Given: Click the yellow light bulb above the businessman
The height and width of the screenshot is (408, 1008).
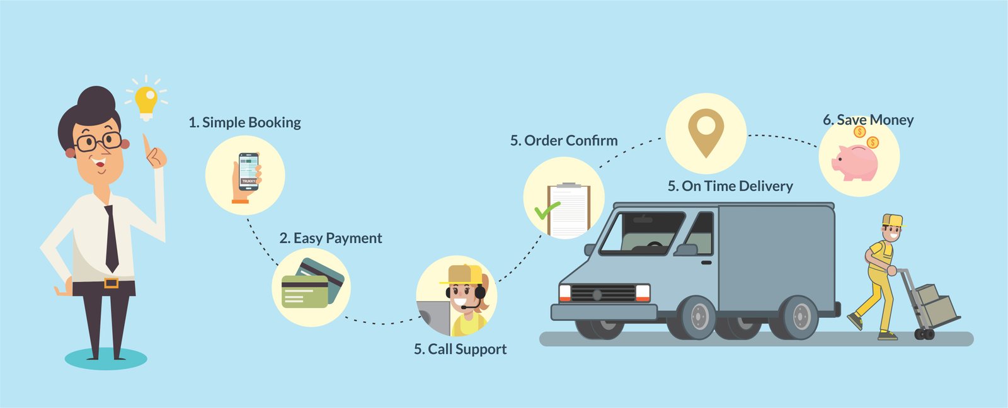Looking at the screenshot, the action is click(146, 103).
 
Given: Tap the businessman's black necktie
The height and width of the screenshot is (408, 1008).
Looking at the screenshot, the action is click(111, 239).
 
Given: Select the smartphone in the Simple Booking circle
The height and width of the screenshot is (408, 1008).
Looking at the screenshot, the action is click(248, 172).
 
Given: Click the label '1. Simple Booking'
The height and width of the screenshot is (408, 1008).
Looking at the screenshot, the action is click(244, 122).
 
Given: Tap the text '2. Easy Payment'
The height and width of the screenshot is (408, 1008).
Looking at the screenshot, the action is click(331, 238).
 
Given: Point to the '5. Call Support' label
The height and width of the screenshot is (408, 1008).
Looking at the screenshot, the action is click(460, 349).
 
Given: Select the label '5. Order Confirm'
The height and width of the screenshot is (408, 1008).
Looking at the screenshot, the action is click(564, 140).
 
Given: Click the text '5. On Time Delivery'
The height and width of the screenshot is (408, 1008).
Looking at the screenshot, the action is click(730, 186).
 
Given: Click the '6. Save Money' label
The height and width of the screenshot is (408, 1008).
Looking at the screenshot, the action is click(868, 120).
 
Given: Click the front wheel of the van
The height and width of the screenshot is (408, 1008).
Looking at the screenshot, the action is click(698, 317).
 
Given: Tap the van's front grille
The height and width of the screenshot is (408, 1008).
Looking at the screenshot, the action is click(603, 293).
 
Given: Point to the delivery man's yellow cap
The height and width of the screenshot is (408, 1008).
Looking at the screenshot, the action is click(893, 220).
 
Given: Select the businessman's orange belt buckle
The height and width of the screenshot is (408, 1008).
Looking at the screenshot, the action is click(112, 283).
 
